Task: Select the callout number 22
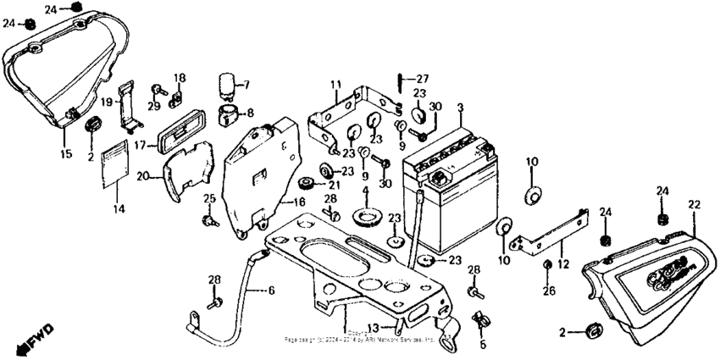pyautogui.click(x=694, y=205)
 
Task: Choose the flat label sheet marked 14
pyautogui.click(x=115, y=165)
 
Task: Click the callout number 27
pyautogui.click(x=421, y=79)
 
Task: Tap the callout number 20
pyautogui.click(x=143, y=176)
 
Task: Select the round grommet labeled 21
pyautogui.click(x=307, y=184)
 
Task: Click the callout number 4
pyautogui.click(x=366, y=191)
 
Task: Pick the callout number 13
pyautogui.click(x=384, y=327)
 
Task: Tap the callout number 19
pyautogui.click(x=108, y=102)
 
